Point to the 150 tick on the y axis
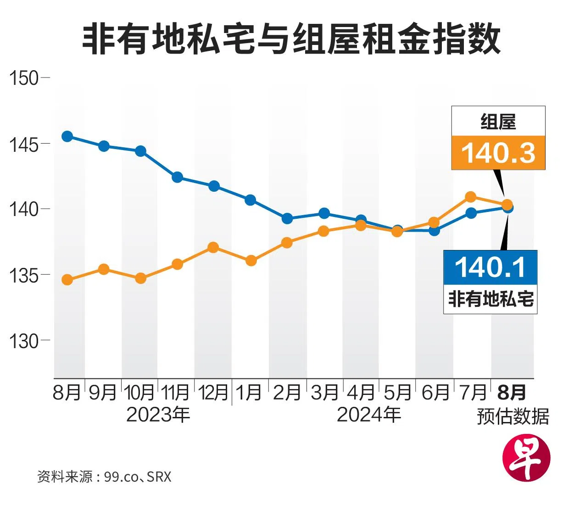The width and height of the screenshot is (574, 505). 24,78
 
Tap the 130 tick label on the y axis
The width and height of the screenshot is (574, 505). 24,341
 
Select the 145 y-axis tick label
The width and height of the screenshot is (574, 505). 24,144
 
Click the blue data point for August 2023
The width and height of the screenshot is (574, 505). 67,136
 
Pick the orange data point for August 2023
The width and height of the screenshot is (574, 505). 67,280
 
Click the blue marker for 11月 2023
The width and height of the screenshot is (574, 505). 177,178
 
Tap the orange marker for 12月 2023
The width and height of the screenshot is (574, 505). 213,248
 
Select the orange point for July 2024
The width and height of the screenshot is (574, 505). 471,197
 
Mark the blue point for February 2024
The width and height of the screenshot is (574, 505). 287,218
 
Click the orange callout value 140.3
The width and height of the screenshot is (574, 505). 498,153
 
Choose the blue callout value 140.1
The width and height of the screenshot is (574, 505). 490,267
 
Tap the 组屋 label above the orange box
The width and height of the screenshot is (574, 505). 498,122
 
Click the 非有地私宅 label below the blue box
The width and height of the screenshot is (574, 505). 490,299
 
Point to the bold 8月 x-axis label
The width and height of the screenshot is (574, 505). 512,393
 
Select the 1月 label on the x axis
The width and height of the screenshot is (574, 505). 249,393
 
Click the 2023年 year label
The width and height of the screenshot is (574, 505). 158,415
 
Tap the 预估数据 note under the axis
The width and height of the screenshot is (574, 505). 513,416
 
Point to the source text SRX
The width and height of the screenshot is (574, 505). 159,477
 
